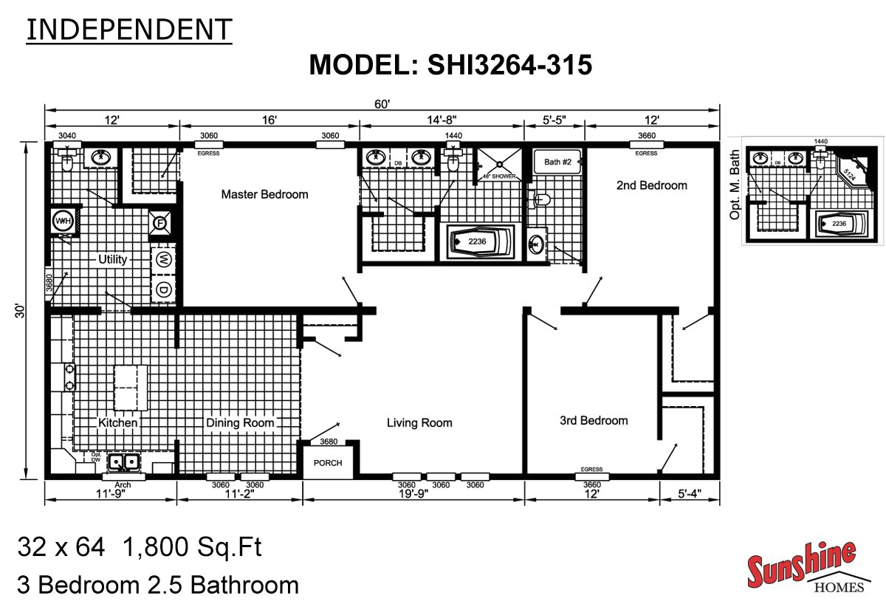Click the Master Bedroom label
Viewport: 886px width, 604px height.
pyautogui.click(x=264, y=194)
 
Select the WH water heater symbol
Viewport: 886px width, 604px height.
pyautogui.click(x=61, y=221)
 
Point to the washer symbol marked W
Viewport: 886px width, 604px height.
pyautogui.click(x=164, y=259)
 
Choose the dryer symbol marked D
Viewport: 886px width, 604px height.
pyautogui.click(x=164, y=290)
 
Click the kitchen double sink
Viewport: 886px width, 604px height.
pyautogui.click(x=125, y=463)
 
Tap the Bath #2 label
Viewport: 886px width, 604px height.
pyautogui.click(x=558, y=161)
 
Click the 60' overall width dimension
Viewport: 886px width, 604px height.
pyautogui.click(x=382, y=105)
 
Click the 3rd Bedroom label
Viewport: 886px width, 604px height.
pyautogui.click(x=594, y=420)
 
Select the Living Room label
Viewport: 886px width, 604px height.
pyautogui.click(x=419, y=422)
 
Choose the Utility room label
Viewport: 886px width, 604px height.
pyautogui.click(x=113, y=259)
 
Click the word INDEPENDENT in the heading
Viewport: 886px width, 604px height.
pyautogui.click(x=128, y=29)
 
